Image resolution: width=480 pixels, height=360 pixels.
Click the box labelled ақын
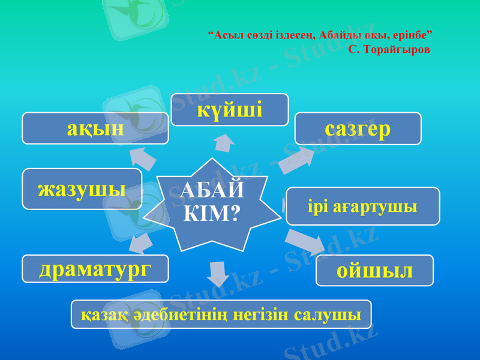(x=95, y=128)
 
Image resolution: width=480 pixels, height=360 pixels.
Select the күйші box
(x=230, y=110)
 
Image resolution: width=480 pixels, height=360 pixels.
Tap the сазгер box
(x=358, y=128)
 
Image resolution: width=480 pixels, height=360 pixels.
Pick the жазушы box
(x=82, y=189)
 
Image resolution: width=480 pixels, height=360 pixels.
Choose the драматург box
(x=95, y=269)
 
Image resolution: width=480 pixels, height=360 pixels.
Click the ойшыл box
(x=374, y=271)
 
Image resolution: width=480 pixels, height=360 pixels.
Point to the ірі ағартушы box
(x=362, y=206)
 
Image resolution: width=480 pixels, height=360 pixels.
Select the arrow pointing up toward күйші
(x=224, y=143)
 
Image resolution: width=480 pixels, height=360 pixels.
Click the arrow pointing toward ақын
(x=143, y=157)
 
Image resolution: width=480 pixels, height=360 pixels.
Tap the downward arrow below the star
(x=218, y=273)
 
